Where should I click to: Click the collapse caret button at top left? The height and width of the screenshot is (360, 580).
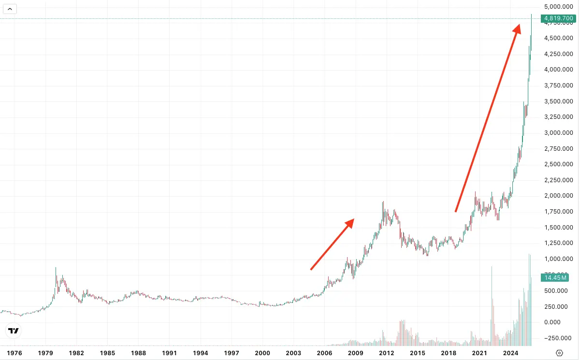[x=10, y=8]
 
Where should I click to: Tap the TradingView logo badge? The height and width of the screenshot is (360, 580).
[x=14, y=331]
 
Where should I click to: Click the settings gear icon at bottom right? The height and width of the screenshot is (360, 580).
[x=560, y=353]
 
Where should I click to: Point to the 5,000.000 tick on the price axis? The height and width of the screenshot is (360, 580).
[x=558, y=7]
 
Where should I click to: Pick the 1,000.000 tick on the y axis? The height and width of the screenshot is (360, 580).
[x=558, y=259]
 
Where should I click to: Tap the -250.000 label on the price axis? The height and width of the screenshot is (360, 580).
[x=558, y=338]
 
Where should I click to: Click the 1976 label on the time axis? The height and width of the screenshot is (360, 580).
[x=14, y=353]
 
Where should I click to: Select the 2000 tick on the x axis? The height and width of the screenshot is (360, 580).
[x=262, y=353]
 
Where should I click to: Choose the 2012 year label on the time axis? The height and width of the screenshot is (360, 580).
[x=387, y=353]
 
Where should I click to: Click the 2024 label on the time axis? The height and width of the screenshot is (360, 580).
[x=510, y=353]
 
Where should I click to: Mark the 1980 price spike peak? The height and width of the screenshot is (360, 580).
[x=56, y=268]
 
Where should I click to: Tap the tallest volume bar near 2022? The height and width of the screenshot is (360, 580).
[x=492, y=267]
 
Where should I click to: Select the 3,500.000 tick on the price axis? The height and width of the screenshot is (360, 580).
[x=558, y=101]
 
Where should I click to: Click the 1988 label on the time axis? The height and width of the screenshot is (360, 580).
[x=139, y=353]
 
